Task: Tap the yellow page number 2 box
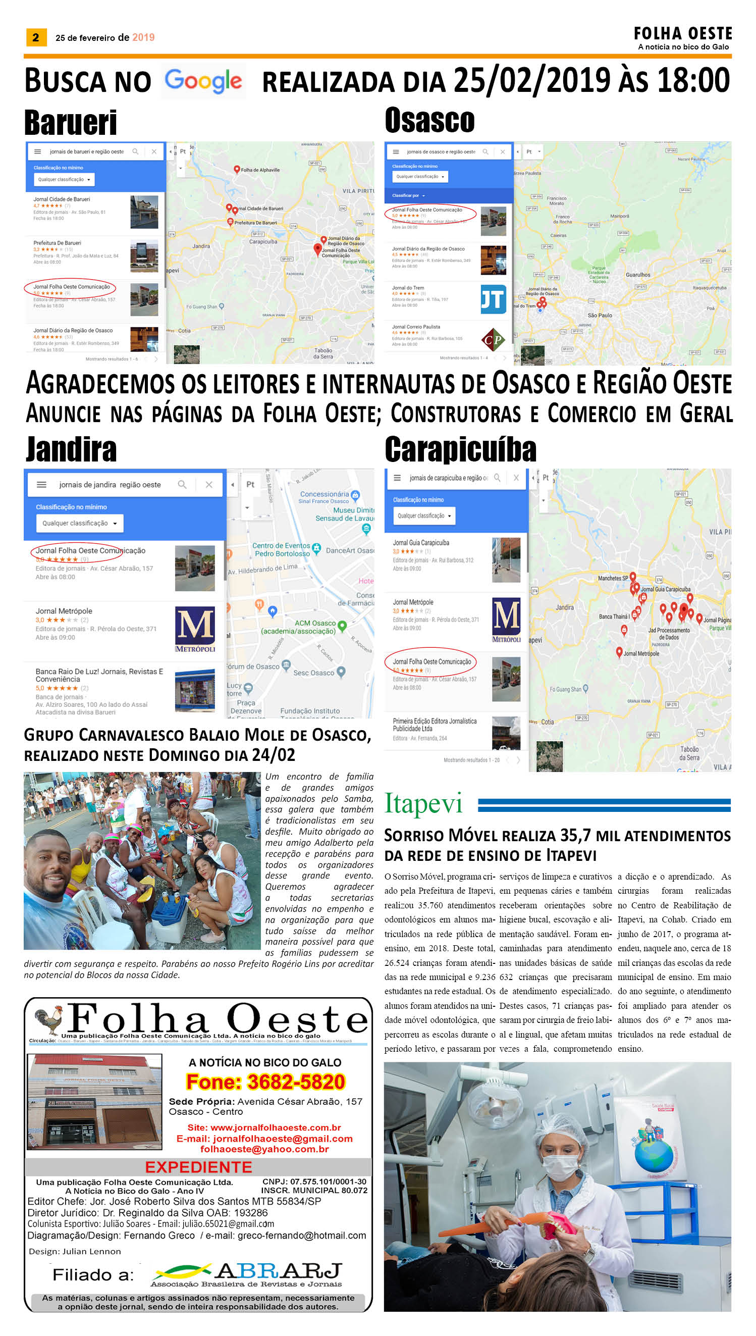[x=36, y=37]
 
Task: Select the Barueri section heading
[x=71, y=123]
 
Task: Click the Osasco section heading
[x=429, y=120]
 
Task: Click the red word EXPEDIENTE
[x=198, y=1167]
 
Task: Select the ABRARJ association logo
[x=247, y=1274]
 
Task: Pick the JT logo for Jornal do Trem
[x=493, y=299]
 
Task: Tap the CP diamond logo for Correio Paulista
[x=493, y=340]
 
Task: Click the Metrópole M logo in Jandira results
[x=195, y=629]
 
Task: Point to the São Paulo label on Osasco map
[x=600, y=315]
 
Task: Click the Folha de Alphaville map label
[x=260, y=170]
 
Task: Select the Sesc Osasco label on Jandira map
[x=313, y=673]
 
